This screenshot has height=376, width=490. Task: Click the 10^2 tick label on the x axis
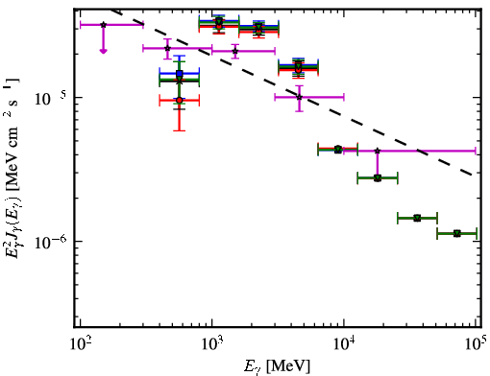pyautogui.click(x=81, y=345)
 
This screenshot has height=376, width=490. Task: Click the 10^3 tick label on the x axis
pyautogui.click(x=212, y=345)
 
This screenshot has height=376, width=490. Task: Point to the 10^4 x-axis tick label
pyautogui.click(x=345, y=345)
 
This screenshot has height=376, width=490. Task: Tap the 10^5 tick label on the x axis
pyautogui.click(x=477, y=344)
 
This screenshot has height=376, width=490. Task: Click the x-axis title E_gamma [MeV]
pyautogui.click(x=277, y=366)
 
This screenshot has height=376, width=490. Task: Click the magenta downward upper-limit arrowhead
pyautogui.click(x=103, y=51)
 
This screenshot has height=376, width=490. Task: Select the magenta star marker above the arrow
pyautogui.click(x=103, y=25)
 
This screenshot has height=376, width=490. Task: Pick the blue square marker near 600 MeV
pyautogui.click(x=180, y=73)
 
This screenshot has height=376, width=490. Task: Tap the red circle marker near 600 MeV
pyautogui.click(x=180, y=101)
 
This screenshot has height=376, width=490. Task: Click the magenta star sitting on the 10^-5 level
pyautogui.click(x=299, y=97)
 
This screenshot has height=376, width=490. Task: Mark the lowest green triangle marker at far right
pyautogui.click(x=457, y=234)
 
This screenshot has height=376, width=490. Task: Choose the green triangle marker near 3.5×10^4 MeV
pyautogui.click(x=417, y=219)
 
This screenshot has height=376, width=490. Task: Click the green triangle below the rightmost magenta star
pyautogui.click(x=378, y=178)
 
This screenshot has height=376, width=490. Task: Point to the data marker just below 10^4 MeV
pyautogui.click(x=338, y=150)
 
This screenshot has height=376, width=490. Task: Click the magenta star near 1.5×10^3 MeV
pyautogui.click(x=235, y=51)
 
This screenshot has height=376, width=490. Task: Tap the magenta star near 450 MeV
pyautogui.click(x=167, y=48)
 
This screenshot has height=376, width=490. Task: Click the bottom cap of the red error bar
pyautogui.click(x=180, y=130)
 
